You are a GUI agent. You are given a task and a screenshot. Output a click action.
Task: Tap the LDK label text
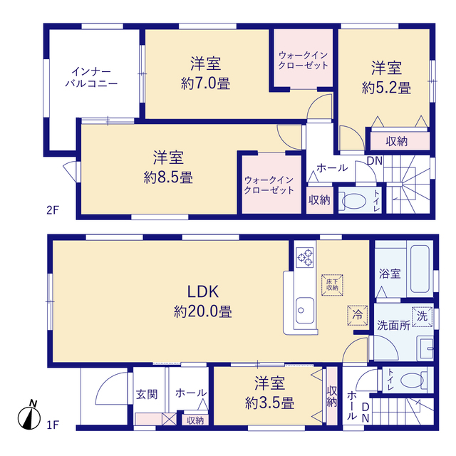tap(202, 291)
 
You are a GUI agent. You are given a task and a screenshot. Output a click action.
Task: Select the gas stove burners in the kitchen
tap(305, 257)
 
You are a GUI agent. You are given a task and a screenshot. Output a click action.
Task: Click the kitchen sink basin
tap(305, 311)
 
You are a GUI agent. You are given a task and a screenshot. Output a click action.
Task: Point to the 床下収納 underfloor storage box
tap(332, 285)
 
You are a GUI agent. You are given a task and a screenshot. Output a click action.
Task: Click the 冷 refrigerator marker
tap(358, 315)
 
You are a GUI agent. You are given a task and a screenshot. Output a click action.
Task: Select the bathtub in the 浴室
tap(420, 269)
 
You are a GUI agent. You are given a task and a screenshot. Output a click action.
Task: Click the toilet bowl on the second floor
tap(354, 201)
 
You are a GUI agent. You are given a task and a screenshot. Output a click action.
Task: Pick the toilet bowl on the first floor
tap(412, 380)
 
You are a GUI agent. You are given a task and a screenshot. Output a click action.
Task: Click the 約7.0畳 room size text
tap(206, 84)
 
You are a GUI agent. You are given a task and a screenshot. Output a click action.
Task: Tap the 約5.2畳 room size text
tap(386, 88)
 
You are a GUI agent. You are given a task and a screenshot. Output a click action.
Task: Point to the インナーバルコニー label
tap(91, 78)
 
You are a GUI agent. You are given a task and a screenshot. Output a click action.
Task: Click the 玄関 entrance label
tap(147, 394)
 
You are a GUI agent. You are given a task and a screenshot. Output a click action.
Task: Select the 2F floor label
tap(53, 209)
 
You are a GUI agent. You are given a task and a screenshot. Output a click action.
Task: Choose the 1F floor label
tap(53, 425)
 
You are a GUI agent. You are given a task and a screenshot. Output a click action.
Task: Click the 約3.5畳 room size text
tap(269, 403)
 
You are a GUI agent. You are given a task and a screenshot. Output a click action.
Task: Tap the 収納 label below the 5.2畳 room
tap(397, 142)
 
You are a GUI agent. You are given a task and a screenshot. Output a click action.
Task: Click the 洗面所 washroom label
tap(393, 326)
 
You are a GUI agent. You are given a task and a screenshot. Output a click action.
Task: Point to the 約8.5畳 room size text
tap(168, 177)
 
